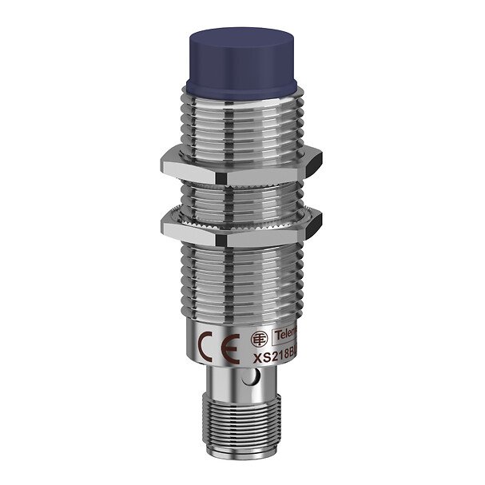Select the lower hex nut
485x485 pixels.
[240, 225]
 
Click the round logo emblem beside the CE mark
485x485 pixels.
[258, 337]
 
